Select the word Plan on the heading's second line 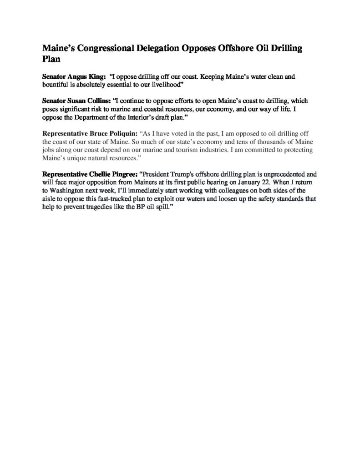click(x=51, y=59)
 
